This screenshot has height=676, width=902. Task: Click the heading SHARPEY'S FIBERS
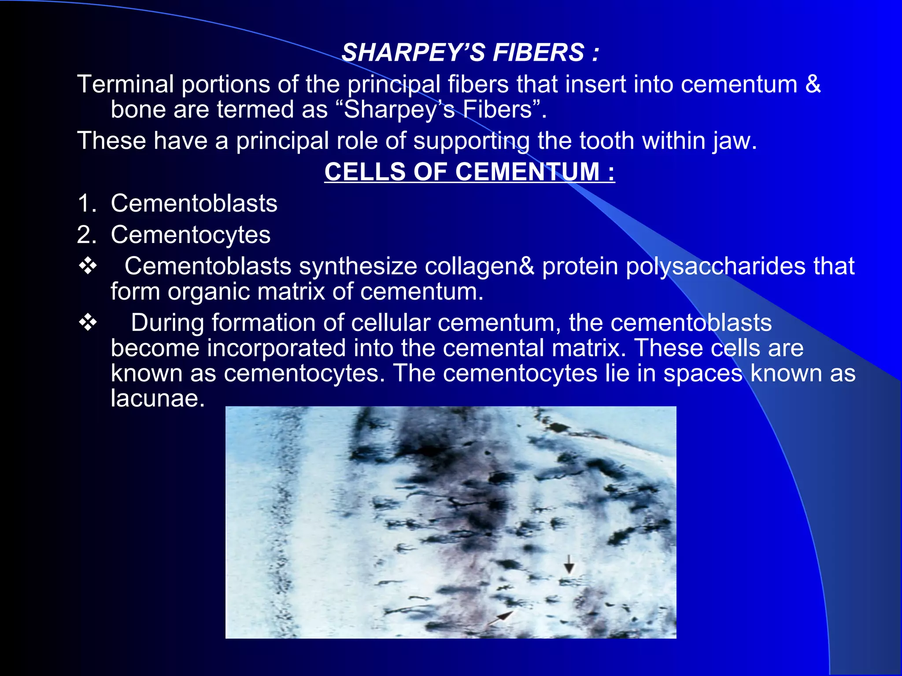(470, 53)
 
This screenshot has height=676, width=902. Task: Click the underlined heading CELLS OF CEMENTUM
(469, 172)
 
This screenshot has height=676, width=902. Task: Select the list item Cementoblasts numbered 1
(194, 203)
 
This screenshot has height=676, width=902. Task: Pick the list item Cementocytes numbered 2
(190, 235)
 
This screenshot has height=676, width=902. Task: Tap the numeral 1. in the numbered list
(87, 203)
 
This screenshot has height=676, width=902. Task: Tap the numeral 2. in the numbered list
(87, 235)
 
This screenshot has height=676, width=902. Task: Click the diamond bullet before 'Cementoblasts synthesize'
(88, 266)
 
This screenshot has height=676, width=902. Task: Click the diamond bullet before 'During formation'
(88, 323)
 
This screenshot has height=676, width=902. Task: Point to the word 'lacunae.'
(158, 398)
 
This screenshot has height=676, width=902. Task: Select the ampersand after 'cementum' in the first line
(813, 84)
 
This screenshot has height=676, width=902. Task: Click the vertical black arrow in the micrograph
(569, 564)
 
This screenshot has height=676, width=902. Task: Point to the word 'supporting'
(471, 141)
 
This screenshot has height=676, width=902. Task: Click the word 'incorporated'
(276, 348)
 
